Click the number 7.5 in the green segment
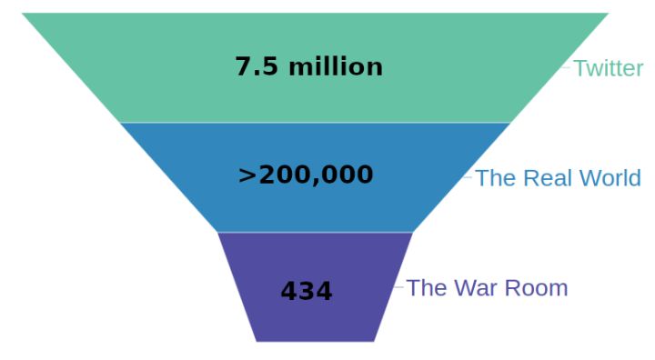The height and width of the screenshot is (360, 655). (257, 67)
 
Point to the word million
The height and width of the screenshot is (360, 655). (336, 67)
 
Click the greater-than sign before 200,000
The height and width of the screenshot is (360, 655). (247, 175)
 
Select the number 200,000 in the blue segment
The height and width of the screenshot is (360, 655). (316, 175)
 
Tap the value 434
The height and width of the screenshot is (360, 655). (307, 291)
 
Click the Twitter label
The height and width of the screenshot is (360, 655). (609, 68)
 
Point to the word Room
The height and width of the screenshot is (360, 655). (537, 288)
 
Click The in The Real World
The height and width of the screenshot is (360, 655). (496, 178)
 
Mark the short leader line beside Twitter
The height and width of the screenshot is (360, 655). (565, 67)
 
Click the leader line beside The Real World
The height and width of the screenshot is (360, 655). (468, 177)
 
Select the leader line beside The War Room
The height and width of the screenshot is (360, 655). (398, 287)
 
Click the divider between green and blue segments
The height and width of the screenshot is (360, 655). (316, 123)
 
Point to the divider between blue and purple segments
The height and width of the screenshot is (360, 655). (316, 232)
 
